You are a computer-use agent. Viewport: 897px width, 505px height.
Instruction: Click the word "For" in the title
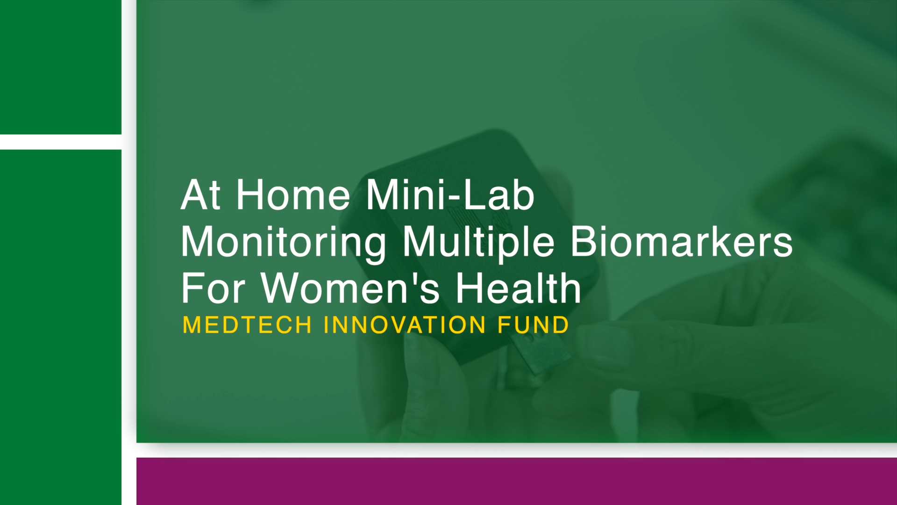click(213, 288)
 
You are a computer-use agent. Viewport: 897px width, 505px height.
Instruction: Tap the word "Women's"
click(350, 288)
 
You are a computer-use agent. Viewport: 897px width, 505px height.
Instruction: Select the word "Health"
click(518, 288)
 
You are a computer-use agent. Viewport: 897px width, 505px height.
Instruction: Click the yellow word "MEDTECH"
click(247, 325)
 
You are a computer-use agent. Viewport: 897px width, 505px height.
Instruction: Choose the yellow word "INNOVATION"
click(405, 325)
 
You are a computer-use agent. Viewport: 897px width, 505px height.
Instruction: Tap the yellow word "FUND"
click(533, 325)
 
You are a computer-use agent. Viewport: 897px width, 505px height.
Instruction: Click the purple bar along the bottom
click(517, 481)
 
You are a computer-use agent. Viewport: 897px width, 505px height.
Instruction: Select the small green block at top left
click(61, 67)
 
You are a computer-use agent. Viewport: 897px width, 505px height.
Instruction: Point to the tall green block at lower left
click(61, 327)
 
